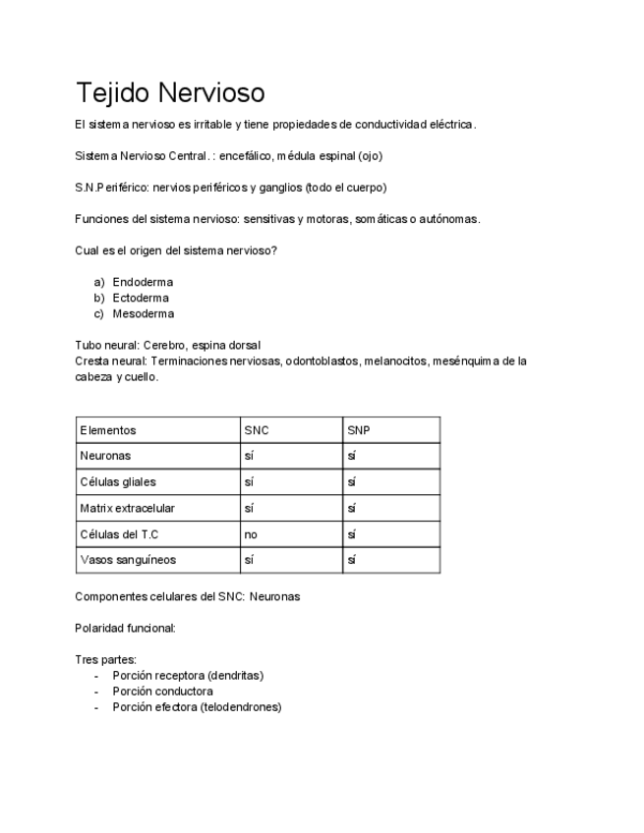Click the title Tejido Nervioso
point(170,92)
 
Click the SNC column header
point(257,430)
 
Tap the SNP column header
point(359,430)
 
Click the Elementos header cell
point(108,430)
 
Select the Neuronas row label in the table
point(105,456)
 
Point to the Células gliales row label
point(117,482)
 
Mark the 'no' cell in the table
point(251,534)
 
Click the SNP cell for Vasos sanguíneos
point(351,560)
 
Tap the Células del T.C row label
point(119,534)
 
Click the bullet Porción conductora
point(162,691)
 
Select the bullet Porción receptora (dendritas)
point(188,675)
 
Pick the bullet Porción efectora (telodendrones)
point(197,706)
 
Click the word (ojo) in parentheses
point(370,155)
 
